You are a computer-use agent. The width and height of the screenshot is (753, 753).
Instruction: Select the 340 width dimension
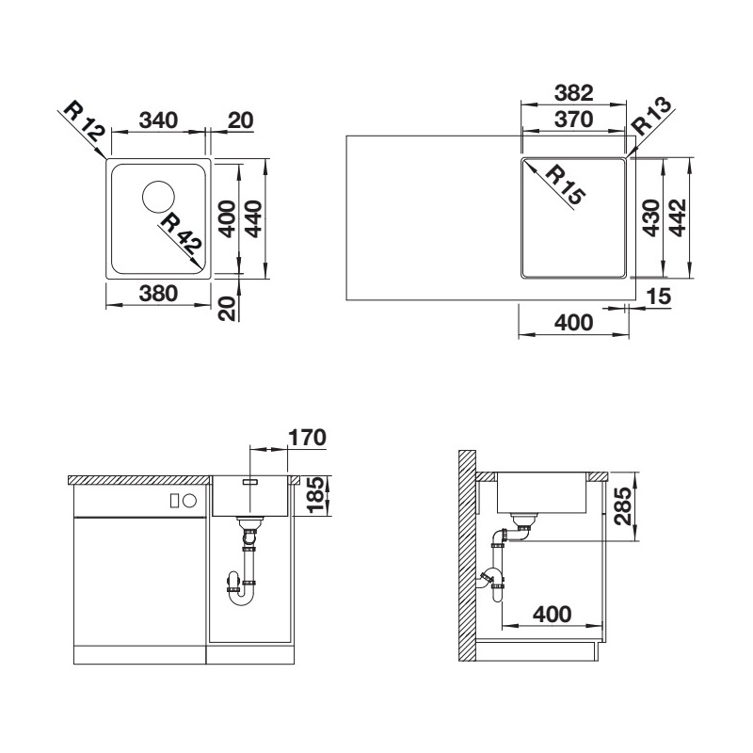tap(158, 120)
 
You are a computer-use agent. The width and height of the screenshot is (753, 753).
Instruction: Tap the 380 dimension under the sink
tap(158, 294)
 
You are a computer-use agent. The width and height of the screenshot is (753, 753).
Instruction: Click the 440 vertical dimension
tap(254, 219)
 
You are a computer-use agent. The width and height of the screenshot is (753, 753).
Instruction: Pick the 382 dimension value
tap(574, 92)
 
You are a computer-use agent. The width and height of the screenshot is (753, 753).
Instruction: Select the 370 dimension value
tap(574, 120)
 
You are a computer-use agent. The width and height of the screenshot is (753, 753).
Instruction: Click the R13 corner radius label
tap(651, 116)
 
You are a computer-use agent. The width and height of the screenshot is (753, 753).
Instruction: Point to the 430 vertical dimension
tap(651, 218)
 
